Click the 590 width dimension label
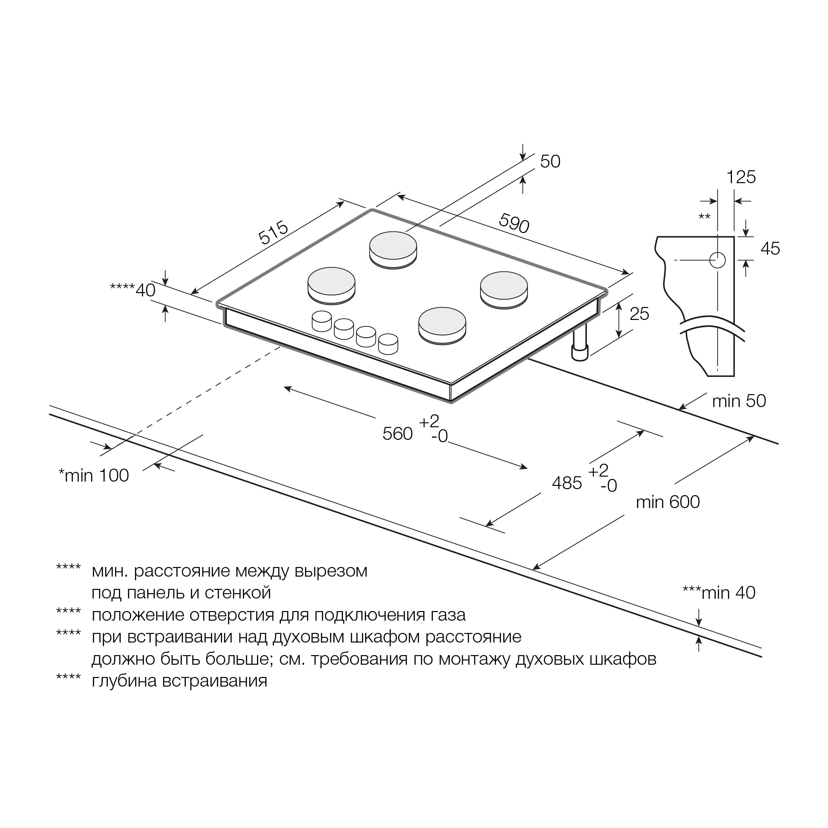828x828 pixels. (x=514, y=223)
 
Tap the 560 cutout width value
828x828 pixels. (x=397, y=434)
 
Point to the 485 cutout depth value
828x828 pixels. (x=567, y=483)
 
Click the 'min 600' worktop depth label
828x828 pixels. (x=667, y=502)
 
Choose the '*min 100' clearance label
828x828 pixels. (x=93, y=475)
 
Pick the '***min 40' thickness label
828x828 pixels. (x=719, y=593)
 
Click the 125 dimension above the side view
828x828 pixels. (x=741, y=177)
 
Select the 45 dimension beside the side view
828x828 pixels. (x=770, y=249)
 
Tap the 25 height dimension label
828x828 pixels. (x=639, y=314)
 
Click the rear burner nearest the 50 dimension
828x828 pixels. (x=393, y=249)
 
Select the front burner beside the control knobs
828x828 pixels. (x=442, y=325)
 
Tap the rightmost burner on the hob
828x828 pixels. (x=503, y=289)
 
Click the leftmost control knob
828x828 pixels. (x=321, y=321)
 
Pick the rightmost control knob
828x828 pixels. (x=388, y=344)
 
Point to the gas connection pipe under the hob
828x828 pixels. (x=579, y=345)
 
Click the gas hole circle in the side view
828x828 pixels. (x=717, y=260)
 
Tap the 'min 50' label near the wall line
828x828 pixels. (x=739, y=401)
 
